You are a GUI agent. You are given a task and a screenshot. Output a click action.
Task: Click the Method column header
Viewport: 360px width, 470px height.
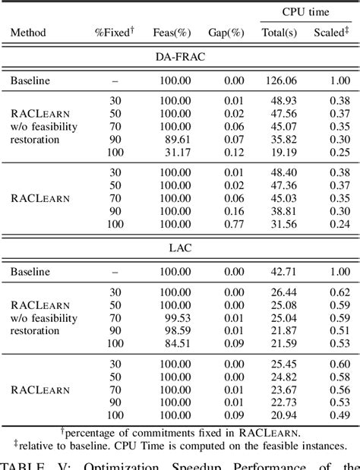28,33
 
